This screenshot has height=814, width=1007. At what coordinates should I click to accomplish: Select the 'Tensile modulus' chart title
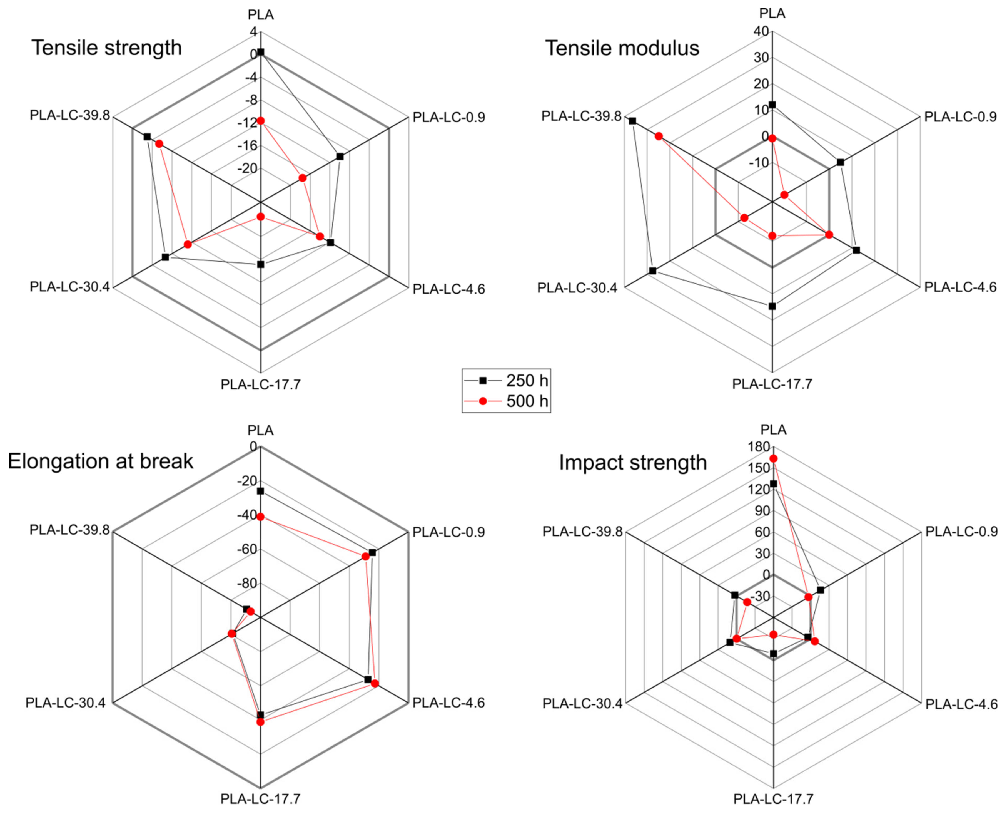(622, 48)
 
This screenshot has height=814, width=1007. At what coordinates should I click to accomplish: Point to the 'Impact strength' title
(633, 463)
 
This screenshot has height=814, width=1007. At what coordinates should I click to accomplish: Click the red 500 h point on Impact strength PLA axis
(773, 459)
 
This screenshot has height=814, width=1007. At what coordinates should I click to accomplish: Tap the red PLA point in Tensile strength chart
(261, 121)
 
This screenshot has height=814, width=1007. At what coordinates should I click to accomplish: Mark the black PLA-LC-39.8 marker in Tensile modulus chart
(633, 121)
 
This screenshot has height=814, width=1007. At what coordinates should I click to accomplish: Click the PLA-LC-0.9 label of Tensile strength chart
(448, 118)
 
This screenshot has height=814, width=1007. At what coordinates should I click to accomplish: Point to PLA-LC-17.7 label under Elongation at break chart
(261, 798)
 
